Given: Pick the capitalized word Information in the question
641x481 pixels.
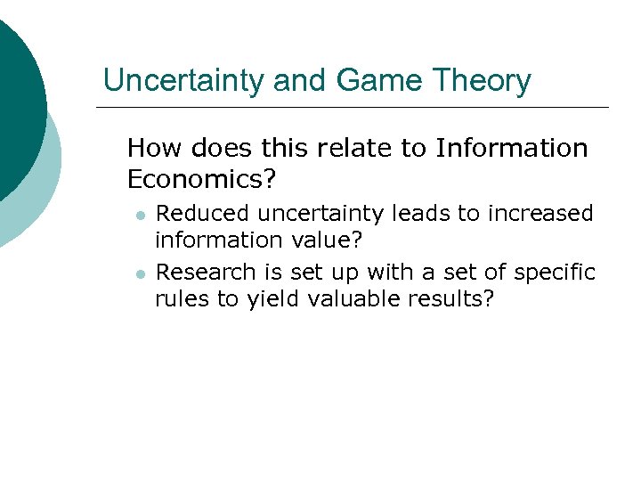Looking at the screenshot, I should tap(512, 148).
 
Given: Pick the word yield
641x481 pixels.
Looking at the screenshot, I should tap(272, 298).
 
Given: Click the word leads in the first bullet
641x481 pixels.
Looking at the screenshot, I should tap(419, 214).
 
